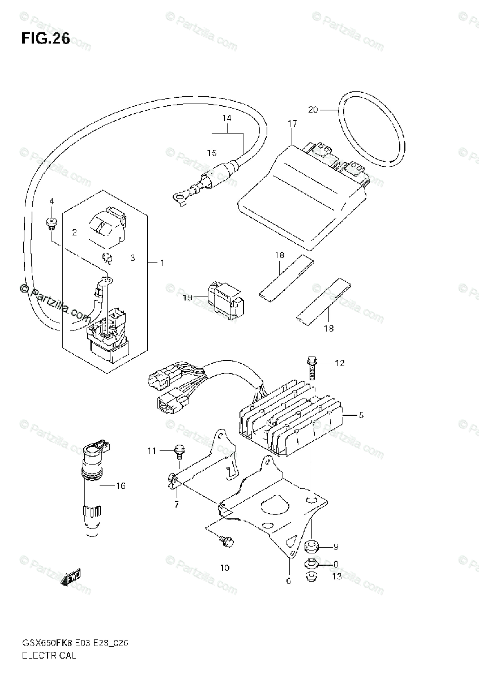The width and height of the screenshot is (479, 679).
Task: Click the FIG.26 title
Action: click(x=45, y=38)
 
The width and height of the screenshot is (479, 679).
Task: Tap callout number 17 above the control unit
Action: click(x=292, y=123)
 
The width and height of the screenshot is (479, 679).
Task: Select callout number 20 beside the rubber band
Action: click(x=313, y=110)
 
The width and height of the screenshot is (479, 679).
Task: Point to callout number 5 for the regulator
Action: click(x=361, y=415)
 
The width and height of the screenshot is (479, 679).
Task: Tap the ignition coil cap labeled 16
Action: click(x=93, y=458)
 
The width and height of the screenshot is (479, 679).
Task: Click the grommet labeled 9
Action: click(x=311, y=546)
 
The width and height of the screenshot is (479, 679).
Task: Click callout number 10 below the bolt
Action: click(x=225, y=568)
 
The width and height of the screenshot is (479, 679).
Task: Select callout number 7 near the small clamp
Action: click(x=177, y=504)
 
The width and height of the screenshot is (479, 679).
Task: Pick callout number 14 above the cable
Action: click(x=226, y=118)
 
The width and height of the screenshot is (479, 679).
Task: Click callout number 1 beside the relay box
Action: click(x=162, y=263)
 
